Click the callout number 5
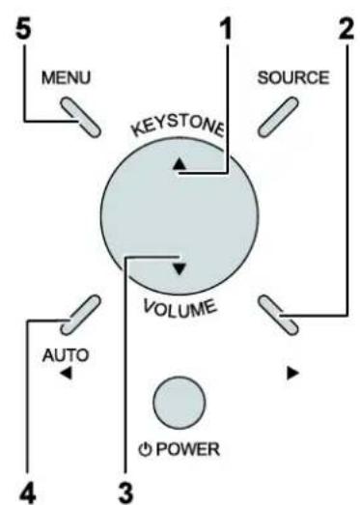24,30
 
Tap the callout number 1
227,29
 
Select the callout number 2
346,29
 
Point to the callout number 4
28,494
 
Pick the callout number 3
125,494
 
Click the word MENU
67,78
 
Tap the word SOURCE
293,77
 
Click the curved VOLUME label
180,308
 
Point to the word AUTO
66,355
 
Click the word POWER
188,449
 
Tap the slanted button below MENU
81,117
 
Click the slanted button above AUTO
81,315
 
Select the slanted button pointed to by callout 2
279,315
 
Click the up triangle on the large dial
180,164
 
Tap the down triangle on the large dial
180,269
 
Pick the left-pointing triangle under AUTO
67,374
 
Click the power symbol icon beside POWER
145,449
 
